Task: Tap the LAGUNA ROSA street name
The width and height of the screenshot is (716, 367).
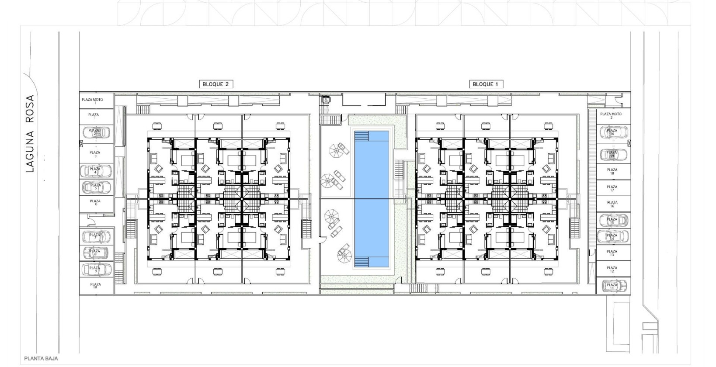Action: pyautogui.click(x=30, y=134)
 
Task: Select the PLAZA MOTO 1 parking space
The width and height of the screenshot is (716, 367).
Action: pyautogui.click(x=93, y=100)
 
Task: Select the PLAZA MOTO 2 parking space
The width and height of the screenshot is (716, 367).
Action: pyautogui.click(x=611, y=115)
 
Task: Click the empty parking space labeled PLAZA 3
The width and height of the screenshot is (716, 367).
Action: pyautogui.click(x=95, y=154)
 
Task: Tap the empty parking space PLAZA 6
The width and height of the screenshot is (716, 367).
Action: pyautogui.click(x=95, y=203)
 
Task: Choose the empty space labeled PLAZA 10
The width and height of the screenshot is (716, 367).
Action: pyautogui.click(x=95, y=286)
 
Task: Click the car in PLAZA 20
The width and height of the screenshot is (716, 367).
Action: pyautogui.click(x=613, y=132)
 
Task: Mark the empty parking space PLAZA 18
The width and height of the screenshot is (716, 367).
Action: pyautogui.click(x=612, y=171)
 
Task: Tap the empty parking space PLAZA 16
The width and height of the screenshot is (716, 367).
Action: pyautogui.click(x=612, y=204)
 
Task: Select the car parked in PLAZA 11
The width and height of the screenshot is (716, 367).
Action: pyautogui.click(x=613, y=286)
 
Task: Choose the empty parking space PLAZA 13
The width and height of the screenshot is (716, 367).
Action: pyautogui.click(x=612, y=253)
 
